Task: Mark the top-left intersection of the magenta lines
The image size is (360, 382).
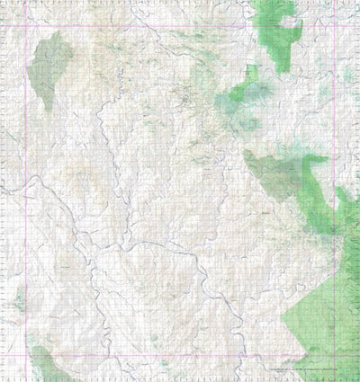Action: coord(25,24)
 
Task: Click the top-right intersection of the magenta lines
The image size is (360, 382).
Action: coord(335,24)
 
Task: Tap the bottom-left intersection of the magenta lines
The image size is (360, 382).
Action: coord(25,354)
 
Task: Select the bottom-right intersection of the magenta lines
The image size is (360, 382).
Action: coord(335,354)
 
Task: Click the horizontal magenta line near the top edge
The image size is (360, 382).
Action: coord(180,24)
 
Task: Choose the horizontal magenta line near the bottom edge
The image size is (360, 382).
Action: coord(180,354)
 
